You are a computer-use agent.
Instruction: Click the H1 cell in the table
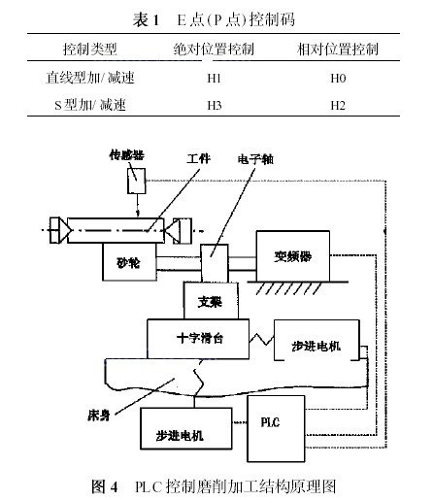pos(214,78)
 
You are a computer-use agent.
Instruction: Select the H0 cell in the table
pos(338,78)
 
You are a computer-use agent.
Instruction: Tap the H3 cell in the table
pos(215,105)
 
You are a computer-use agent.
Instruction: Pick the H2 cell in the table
pos(338,105)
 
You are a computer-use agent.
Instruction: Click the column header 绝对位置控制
pos(214,50)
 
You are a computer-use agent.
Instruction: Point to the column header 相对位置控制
pos(338,50)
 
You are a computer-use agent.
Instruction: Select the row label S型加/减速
pos(90,105)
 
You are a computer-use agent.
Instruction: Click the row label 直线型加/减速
pos(90,78)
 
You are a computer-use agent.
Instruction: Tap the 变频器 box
pos(293,256)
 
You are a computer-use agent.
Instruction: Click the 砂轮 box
pos(129,262)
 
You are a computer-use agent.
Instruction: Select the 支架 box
pos(211,301)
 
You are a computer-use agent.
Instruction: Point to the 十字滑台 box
pos(198,339)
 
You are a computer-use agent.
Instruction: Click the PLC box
pos(276,428)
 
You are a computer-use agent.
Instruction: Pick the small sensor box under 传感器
pos(136,181)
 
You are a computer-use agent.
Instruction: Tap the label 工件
pos(198,159)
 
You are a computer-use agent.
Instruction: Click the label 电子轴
pos(255,159)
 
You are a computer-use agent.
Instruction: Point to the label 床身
pos(99,416)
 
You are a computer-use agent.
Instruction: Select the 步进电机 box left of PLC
pos(186,428)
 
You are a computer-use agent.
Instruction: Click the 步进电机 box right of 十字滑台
pos(316,340)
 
